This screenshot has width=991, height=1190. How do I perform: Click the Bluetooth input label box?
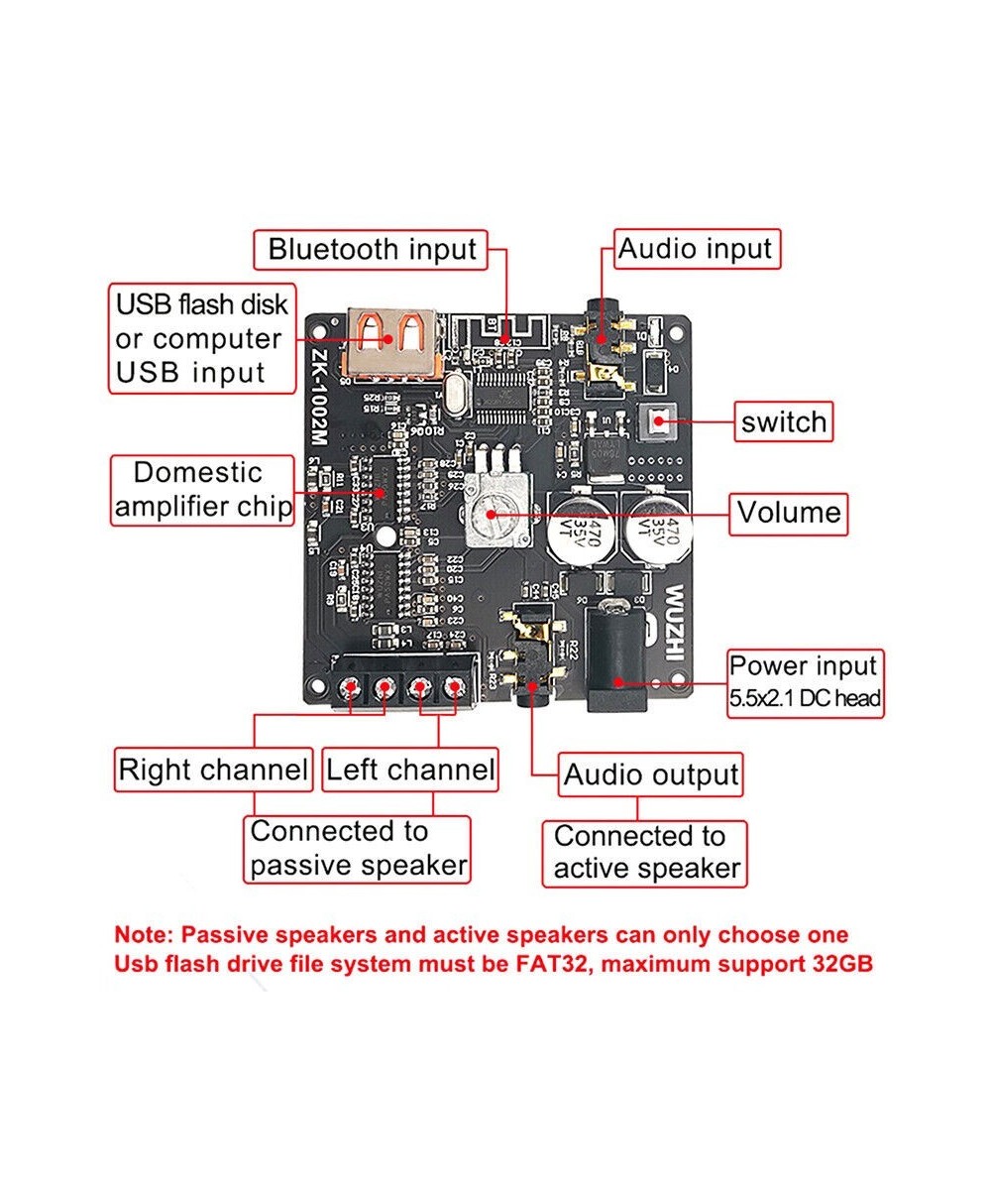coord(372,249)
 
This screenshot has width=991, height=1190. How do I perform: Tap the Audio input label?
coord(696,249)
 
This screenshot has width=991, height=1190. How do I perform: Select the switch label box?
coord(783,421)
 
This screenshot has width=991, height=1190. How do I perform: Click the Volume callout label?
coord(789,513)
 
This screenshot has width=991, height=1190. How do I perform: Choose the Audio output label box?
coord(651,775)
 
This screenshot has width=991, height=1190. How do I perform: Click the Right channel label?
coord(213,770)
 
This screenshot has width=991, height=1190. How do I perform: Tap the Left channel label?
coord(409,770)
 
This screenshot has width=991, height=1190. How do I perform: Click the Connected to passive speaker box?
coord(358,848)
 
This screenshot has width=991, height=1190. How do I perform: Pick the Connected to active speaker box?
coord(646,853)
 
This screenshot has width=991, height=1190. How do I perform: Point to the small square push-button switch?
coord(656,423)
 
